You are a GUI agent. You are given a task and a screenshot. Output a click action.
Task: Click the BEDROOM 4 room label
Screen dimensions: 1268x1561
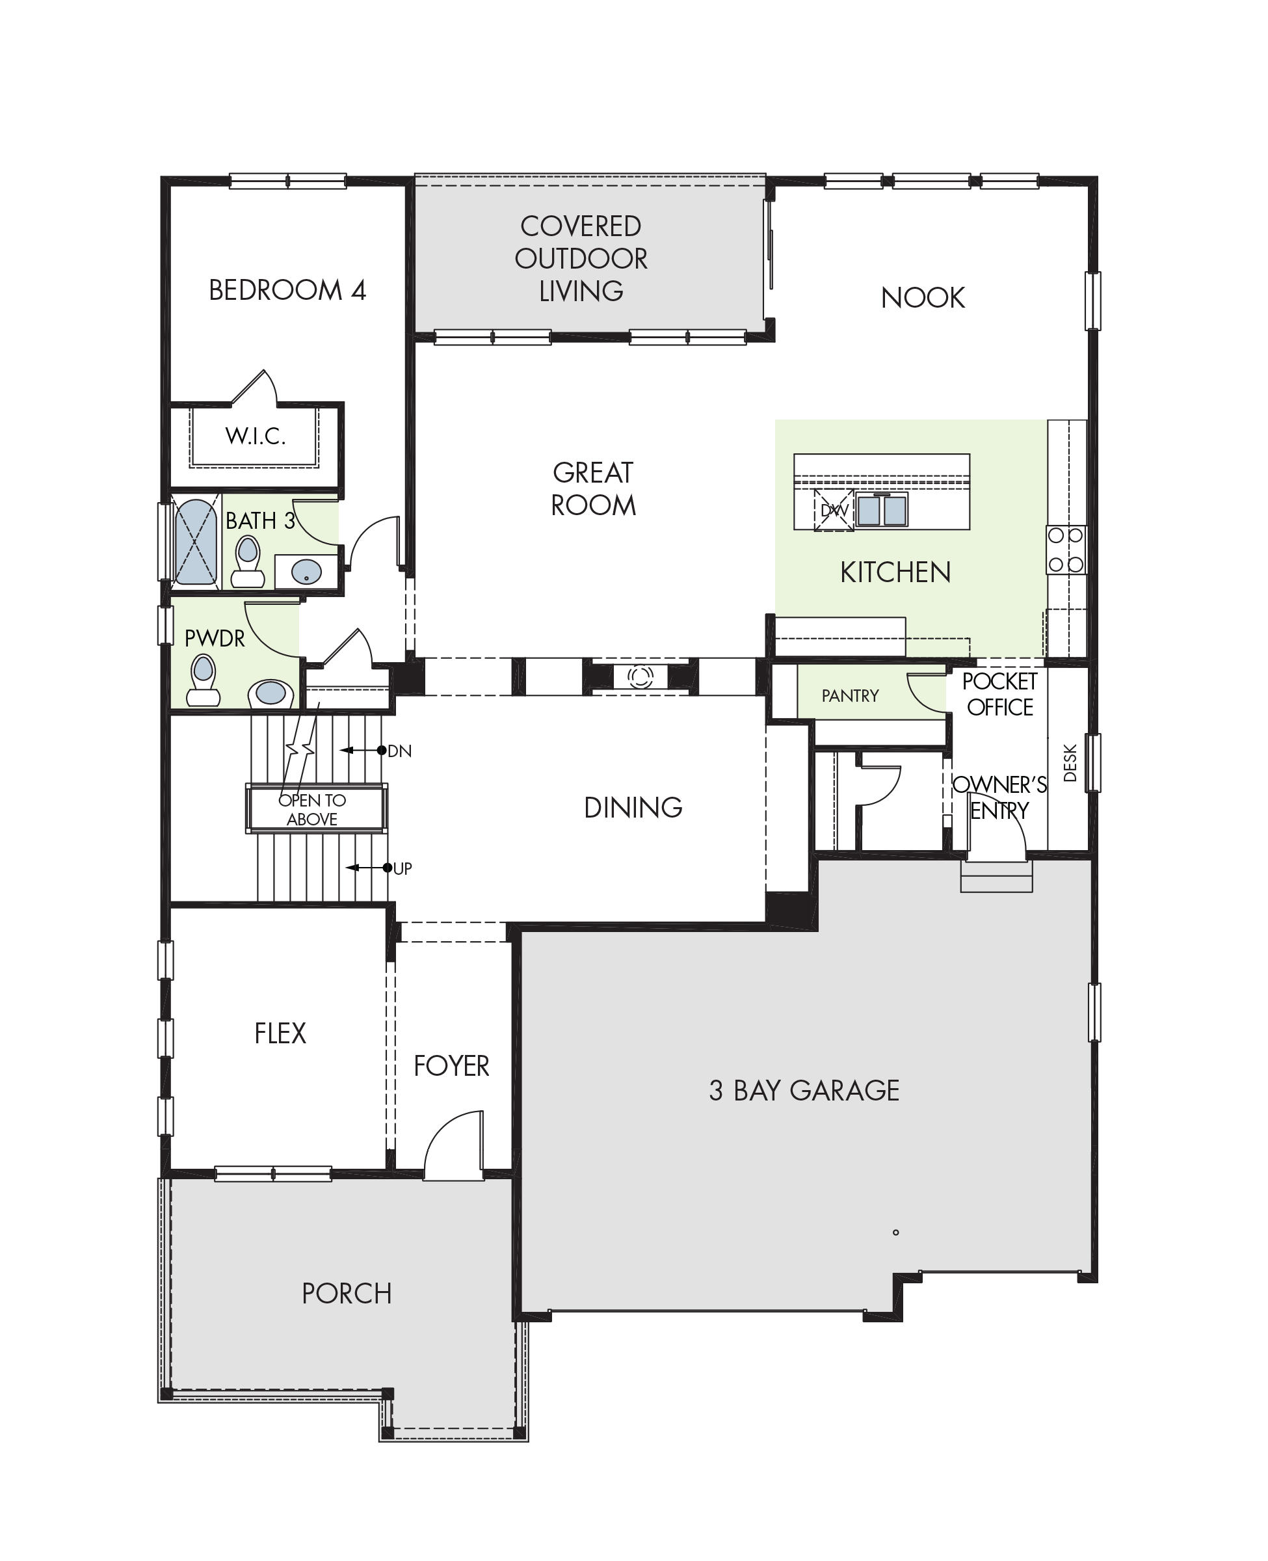(287, 290)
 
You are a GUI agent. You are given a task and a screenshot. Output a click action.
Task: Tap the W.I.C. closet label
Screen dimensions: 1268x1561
(255, 435)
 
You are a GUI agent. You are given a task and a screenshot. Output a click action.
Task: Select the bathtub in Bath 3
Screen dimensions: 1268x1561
(196, 541)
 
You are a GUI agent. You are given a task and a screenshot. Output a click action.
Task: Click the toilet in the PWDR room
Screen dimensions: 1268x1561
(203, 680)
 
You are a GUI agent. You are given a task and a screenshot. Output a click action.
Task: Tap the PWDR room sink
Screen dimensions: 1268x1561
(271, 693)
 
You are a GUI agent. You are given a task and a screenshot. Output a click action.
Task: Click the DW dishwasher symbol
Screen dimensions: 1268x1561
(834, 511)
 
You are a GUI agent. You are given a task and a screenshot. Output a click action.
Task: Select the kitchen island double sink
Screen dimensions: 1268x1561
(882, 510)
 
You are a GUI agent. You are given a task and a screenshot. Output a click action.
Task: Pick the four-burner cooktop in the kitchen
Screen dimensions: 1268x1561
(1066, 550)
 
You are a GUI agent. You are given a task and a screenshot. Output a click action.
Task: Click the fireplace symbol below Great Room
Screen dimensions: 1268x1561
(641, 676)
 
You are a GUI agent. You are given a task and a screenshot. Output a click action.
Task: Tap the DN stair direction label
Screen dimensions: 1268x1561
(399, 751)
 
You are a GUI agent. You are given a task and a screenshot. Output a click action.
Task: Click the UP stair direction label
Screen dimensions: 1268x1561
(403, 868)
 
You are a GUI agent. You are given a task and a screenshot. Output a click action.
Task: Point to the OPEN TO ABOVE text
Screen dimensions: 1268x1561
(312, 809)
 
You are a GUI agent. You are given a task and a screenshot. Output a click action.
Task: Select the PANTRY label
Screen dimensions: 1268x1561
(850, 695)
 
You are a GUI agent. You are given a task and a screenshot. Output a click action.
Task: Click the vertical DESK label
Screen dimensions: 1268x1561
(1070, 762)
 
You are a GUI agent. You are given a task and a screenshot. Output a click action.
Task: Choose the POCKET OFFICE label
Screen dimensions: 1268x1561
(1000, 694)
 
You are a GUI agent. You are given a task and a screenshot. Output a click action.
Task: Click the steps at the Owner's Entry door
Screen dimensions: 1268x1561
(996, 877)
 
